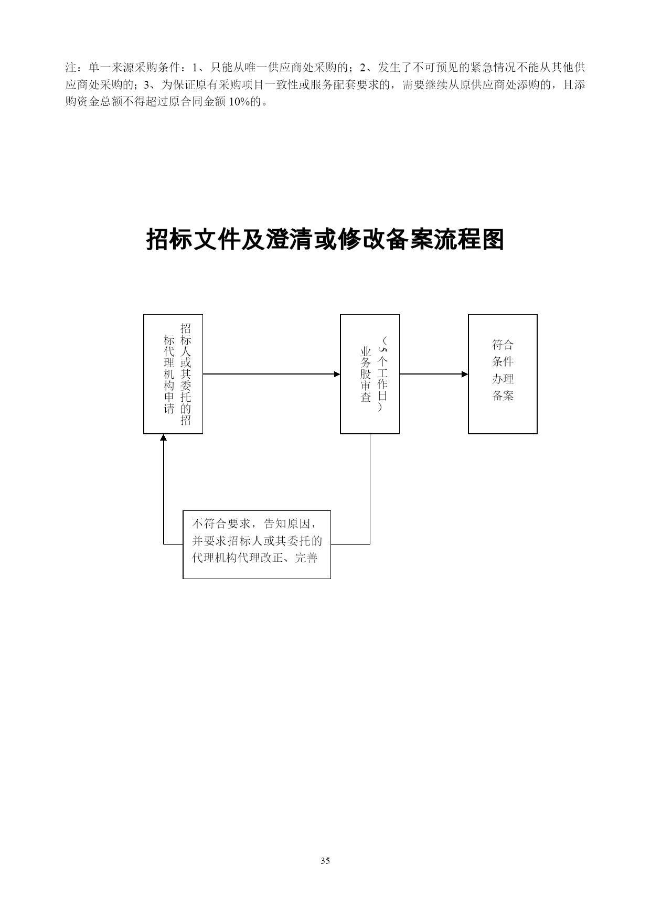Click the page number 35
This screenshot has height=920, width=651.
coord(325,860)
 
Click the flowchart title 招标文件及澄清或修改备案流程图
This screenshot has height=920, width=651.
coord(325,240)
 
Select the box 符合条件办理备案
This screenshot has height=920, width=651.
coord(503,374)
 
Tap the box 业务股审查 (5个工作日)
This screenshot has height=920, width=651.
coord(370,374)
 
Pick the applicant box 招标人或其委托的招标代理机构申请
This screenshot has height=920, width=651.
coord(173,374)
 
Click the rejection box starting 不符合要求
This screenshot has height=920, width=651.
coord(257,544)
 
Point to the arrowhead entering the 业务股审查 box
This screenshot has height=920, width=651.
coord(337,374)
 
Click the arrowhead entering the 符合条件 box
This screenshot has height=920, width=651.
coord(465,374)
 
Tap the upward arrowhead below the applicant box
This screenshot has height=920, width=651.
coord(164,437)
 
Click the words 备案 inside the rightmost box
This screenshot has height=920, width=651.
coord(503,395)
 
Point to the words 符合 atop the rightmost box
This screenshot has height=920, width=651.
coord(503,345)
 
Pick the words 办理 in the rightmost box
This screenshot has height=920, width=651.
coord(503,379)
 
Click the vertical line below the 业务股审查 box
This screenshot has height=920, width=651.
coord(370,489)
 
